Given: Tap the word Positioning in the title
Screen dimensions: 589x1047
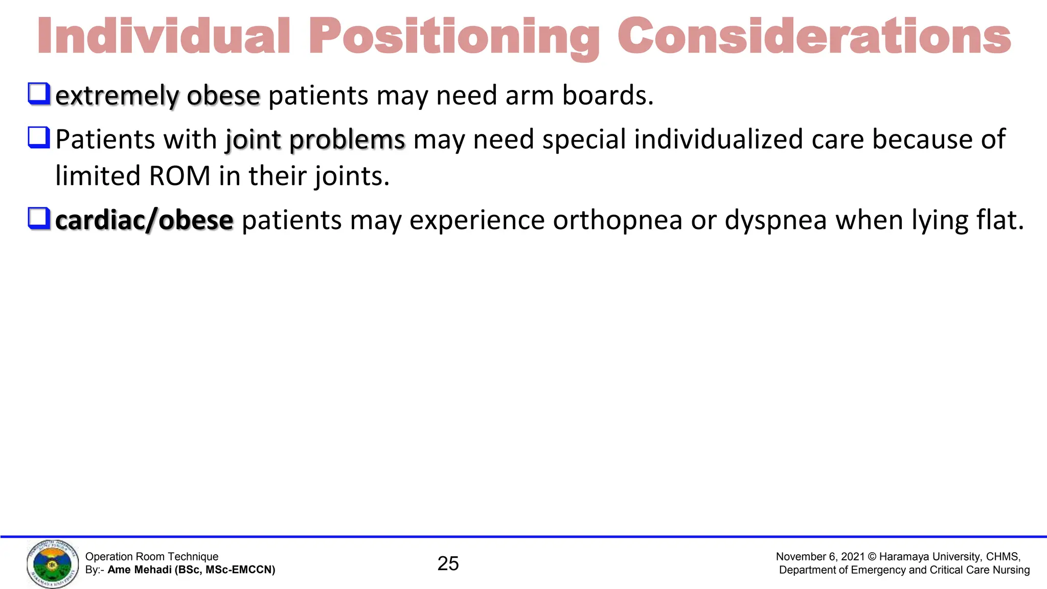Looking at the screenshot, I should (454, 37).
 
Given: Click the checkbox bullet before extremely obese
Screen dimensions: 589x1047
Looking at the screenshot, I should (39, 94).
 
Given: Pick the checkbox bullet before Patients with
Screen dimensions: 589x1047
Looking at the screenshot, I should (39, 138).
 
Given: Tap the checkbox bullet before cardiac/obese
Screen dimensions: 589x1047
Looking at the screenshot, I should (39, 218).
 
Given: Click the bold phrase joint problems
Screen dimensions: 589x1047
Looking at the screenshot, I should (315, 140).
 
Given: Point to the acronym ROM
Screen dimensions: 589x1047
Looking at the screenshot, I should (179, 176).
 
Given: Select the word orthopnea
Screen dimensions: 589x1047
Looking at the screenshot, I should (618, 220).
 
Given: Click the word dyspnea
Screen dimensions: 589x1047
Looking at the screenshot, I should (776, 221).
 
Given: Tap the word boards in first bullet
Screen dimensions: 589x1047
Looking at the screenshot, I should (607, 96).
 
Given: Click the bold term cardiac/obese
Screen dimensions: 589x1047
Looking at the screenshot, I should (144, 220).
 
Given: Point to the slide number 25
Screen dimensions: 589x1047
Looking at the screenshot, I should (448, 563).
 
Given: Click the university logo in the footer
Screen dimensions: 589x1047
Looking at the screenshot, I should (53, 564).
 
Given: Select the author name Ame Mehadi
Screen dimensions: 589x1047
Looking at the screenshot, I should (140, 570).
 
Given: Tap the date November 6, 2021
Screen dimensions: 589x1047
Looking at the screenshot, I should (820, 557).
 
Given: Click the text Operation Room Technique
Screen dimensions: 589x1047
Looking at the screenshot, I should (152, 557).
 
